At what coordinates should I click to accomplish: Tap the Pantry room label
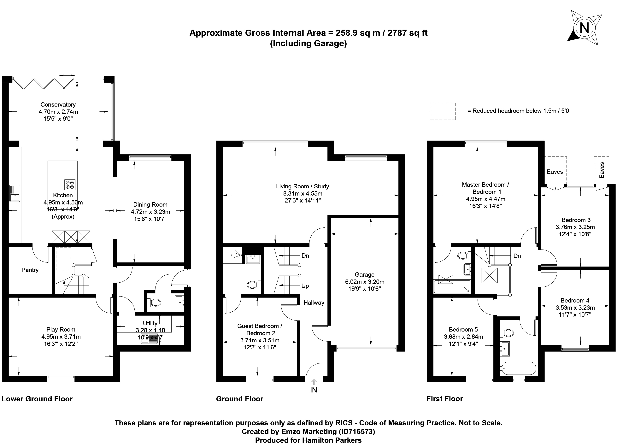30,270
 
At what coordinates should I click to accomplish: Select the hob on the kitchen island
70,185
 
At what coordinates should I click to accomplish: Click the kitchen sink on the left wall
15,193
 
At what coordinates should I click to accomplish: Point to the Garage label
365,274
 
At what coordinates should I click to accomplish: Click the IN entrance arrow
314,382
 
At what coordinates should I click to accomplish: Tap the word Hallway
314,303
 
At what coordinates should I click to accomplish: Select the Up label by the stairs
305,286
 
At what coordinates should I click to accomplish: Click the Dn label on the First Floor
517,256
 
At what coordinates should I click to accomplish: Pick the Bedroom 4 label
575,300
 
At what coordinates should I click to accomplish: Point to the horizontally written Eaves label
555,172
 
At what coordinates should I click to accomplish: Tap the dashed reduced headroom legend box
443,111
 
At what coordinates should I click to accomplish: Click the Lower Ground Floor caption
37,399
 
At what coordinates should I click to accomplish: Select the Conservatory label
58,104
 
